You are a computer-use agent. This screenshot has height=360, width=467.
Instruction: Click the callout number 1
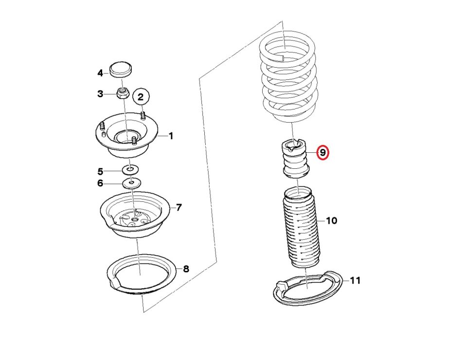pyautogui.click(x=171, y=136)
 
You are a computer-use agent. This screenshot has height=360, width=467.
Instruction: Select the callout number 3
pyautogui.click(x=100, y=94)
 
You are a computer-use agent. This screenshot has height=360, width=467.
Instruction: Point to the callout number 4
pyautogui.click(x=100, y=73)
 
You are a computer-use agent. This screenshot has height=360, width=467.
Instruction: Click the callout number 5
pyautogui.click(x=100, y=172)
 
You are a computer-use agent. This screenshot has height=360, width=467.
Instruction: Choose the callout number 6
pyautogui.click(x=100, y=183)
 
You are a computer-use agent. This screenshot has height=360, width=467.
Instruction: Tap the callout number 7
pyautogui.click(x=179, y=207)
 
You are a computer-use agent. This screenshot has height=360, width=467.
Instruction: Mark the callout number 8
pyautogui.click(x=186, y=269)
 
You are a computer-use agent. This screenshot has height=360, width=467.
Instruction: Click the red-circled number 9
pyautogui.click(x=323, y=152)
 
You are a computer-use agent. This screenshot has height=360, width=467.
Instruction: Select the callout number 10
pyautogui.click(x=331, y=221)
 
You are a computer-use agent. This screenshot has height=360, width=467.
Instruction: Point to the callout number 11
pyautogui.click(x=355, y=281)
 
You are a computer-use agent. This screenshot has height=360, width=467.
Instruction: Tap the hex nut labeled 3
pyautogui.click(x=122, y=93)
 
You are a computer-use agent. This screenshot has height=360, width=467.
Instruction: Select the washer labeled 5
pyautogui.click(x=130, y=170)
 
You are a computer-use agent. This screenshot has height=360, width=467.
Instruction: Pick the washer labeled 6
pyautogui.click(x=132, y=182)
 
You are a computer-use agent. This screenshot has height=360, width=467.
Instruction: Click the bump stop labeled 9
pyautogui.click(x=295, y=159)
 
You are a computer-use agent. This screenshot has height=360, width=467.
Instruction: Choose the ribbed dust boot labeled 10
pyautogui.click(x=301, y=227)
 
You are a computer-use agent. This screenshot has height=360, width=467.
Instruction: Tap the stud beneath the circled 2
pyautogui.click(x=143, y=115)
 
